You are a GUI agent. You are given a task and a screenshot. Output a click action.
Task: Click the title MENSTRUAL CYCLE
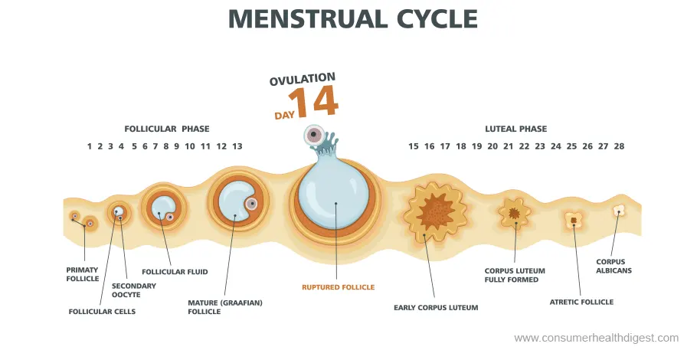353,19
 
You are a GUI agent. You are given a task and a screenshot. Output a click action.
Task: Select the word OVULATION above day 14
302,79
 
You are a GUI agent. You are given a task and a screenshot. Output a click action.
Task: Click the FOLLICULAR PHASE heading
167,129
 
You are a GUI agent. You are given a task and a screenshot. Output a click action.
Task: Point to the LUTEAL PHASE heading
515,129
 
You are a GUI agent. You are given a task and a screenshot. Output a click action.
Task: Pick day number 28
619,146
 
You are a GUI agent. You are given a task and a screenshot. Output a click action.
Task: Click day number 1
90,146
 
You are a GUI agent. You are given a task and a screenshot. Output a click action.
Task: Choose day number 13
237,146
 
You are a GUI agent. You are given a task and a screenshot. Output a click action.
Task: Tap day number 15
414,146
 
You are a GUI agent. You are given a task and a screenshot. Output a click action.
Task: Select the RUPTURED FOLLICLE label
338,287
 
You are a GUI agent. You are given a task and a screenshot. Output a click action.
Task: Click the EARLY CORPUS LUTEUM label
436,308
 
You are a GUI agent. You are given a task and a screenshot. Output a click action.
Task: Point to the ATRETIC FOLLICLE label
581,302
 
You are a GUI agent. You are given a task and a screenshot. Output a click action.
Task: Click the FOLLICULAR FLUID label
175,271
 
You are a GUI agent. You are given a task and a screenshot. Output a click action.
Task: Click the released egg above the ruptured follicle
313,136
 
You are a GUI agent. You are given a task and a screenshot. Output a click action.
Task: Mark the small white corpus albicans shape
619,210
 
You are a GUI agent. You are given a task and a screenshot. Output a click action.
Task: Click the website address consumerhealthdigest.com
596,338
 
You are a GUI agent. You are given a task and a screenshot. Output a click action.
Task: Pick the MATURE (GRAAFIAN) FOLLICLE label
225,307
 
